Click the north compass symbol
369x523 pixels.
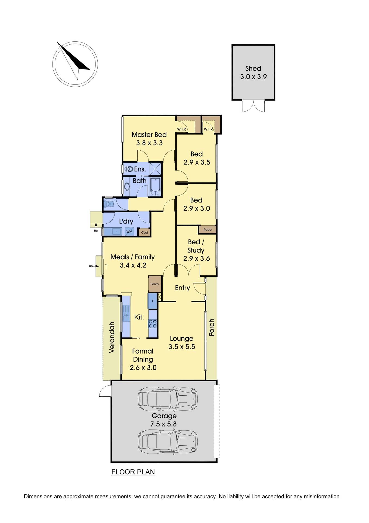[75, 65]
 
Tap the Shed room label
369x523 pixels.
[253, 68]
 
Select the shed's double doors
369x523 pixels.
[253, 106]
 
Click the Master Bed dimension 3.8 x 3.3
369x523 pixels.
[149, 143]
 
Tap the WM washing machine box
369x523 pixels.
[129, 232]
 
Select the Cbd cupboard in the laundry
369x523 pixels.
[144, 232]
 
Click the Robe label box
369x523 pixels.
[207, 230]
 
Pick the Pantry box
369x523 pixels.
[155, 284]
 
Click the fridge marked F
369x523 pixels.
[153, 301]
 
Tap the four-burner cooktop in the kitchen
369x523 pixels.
[153, 324]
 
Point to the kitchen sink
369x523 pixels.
[126, 313]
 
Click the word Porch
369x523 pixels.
[212, 327]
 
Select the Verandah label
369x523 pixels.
[112, 337]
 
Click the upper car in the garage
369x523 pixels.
[168, 399]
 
